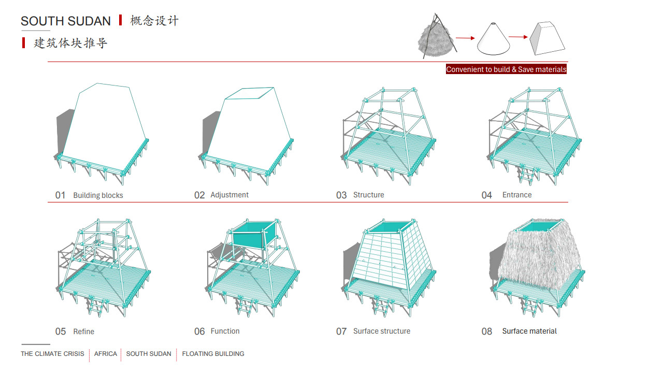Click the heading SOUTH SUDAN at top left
tap(66, 21)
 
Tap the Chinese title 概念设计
tap(154, 21)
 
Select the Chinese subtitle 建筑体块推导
tap(70, 43)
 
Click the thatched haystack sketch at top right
tap(437, 37)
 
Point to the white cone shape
tap(494, 39)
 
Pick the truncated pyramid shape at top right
tap(547, 38)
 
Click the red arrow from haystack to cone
tap(465, 38)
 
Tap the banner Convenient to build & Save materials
tap(506, 69)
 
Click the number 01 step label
tap(60, 195)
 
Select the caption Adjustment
tap(229, 195)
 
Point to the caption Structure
tap(368, 195)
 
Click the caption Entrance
tap(517, 195)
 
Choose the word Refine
tap(84, 332)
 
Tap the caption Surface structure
tap(382, 331)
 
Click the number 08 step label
tap(486, 331)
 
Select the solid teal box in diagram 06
tap(254, 235)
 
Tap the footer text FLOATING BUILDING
tap(213, 354)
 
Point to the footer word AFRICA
tap(105, 354)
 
